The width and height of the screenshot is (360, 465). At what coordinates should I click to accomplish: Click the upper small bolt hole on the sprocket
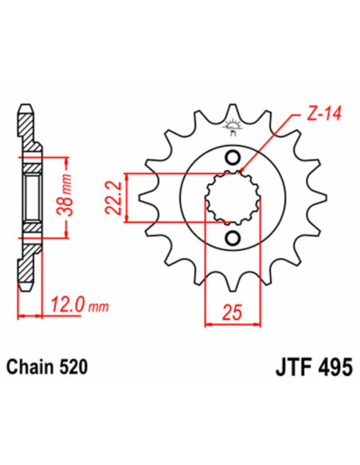[233, 155]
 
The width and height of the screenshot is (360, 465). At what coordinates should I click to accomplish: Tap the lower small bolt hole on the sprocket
[233, 239]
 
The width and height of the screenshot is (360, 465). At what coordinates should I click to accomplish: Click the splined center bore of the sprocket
[233, 197]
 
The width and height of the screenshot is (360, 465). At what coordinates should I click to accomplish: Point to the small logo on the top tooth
[233, 123]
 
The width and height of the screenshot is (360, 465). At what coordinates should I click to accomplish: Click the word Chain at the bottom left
[33, 368]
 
